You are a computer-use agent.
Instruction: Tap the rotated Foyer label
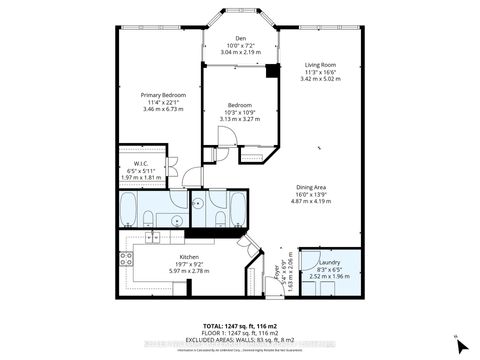point(277,269)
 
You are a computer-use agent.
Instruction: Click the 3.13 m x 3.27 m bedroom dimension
point(239,118)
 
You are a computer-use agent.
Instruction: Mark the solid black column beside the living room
point(269,69)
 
